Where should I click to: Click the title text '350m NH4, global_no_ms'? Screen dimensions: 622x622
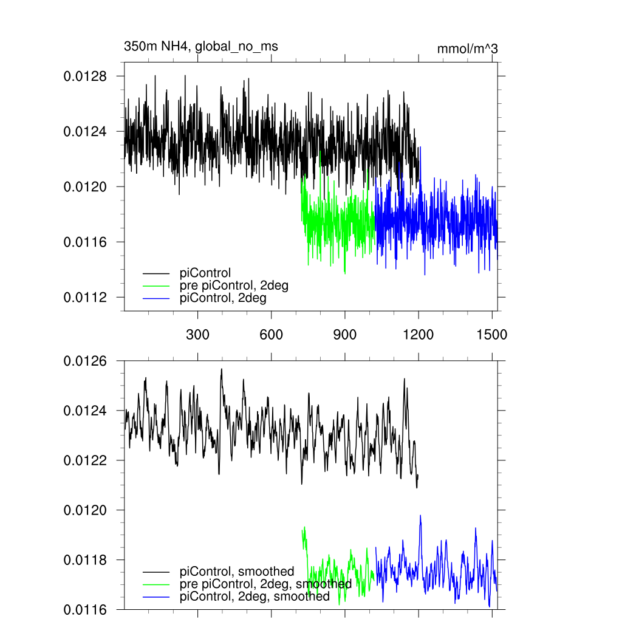tap(200, 46)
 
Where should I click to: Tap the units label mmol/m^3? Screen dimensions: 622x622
tap(467, 49)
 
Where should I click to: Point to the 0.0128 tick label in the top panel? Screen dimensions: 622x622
tap(85, 77)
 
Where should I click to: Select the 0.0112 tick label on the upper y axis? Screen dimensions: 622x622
tap(85, 298)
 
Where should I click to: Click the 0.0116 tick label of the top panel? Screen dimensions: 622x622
tap(85, 242)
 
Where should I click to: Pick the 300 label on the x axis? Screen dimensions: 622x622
tap(197, 334)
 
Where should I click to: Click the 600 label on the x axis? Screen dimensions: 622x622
tap(271, 334)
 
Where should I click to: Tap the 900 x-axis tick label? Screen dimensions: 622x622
tap(345, 334)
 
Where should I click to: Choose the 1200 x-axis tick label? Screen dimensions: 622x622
tap(419, 334)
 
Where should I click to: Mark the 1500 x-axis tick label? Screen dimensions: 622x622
tap(492, 334)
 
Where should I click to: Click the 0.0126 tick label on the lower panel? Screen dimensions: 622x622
tap(85, 361)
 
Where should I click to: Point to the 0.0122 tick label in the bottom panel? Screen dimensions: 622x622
tap(85, 460)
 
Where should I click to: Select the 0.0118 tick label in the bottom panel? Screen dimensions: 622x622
tap(85, 559)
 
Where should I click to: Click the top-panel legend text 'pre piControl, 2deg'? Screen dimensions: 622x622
tap(234, 286)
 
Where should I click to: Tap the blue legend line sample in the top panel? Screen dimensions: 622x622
tap(156, 299)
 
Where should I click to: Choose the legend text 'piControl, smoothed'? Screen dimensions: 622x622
tap(237, 572)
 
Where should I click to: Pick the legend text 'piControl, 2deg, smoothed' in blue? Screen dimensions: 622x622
tap(255, 597)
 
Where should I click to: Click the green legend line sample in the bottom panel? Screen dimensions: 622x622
tap(156, 584)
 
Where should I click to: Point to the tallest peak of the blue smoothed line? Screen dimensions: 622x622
tap(420, 516)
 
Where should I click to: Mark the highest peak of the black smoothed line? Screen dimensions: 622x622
tap(221, 369)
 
